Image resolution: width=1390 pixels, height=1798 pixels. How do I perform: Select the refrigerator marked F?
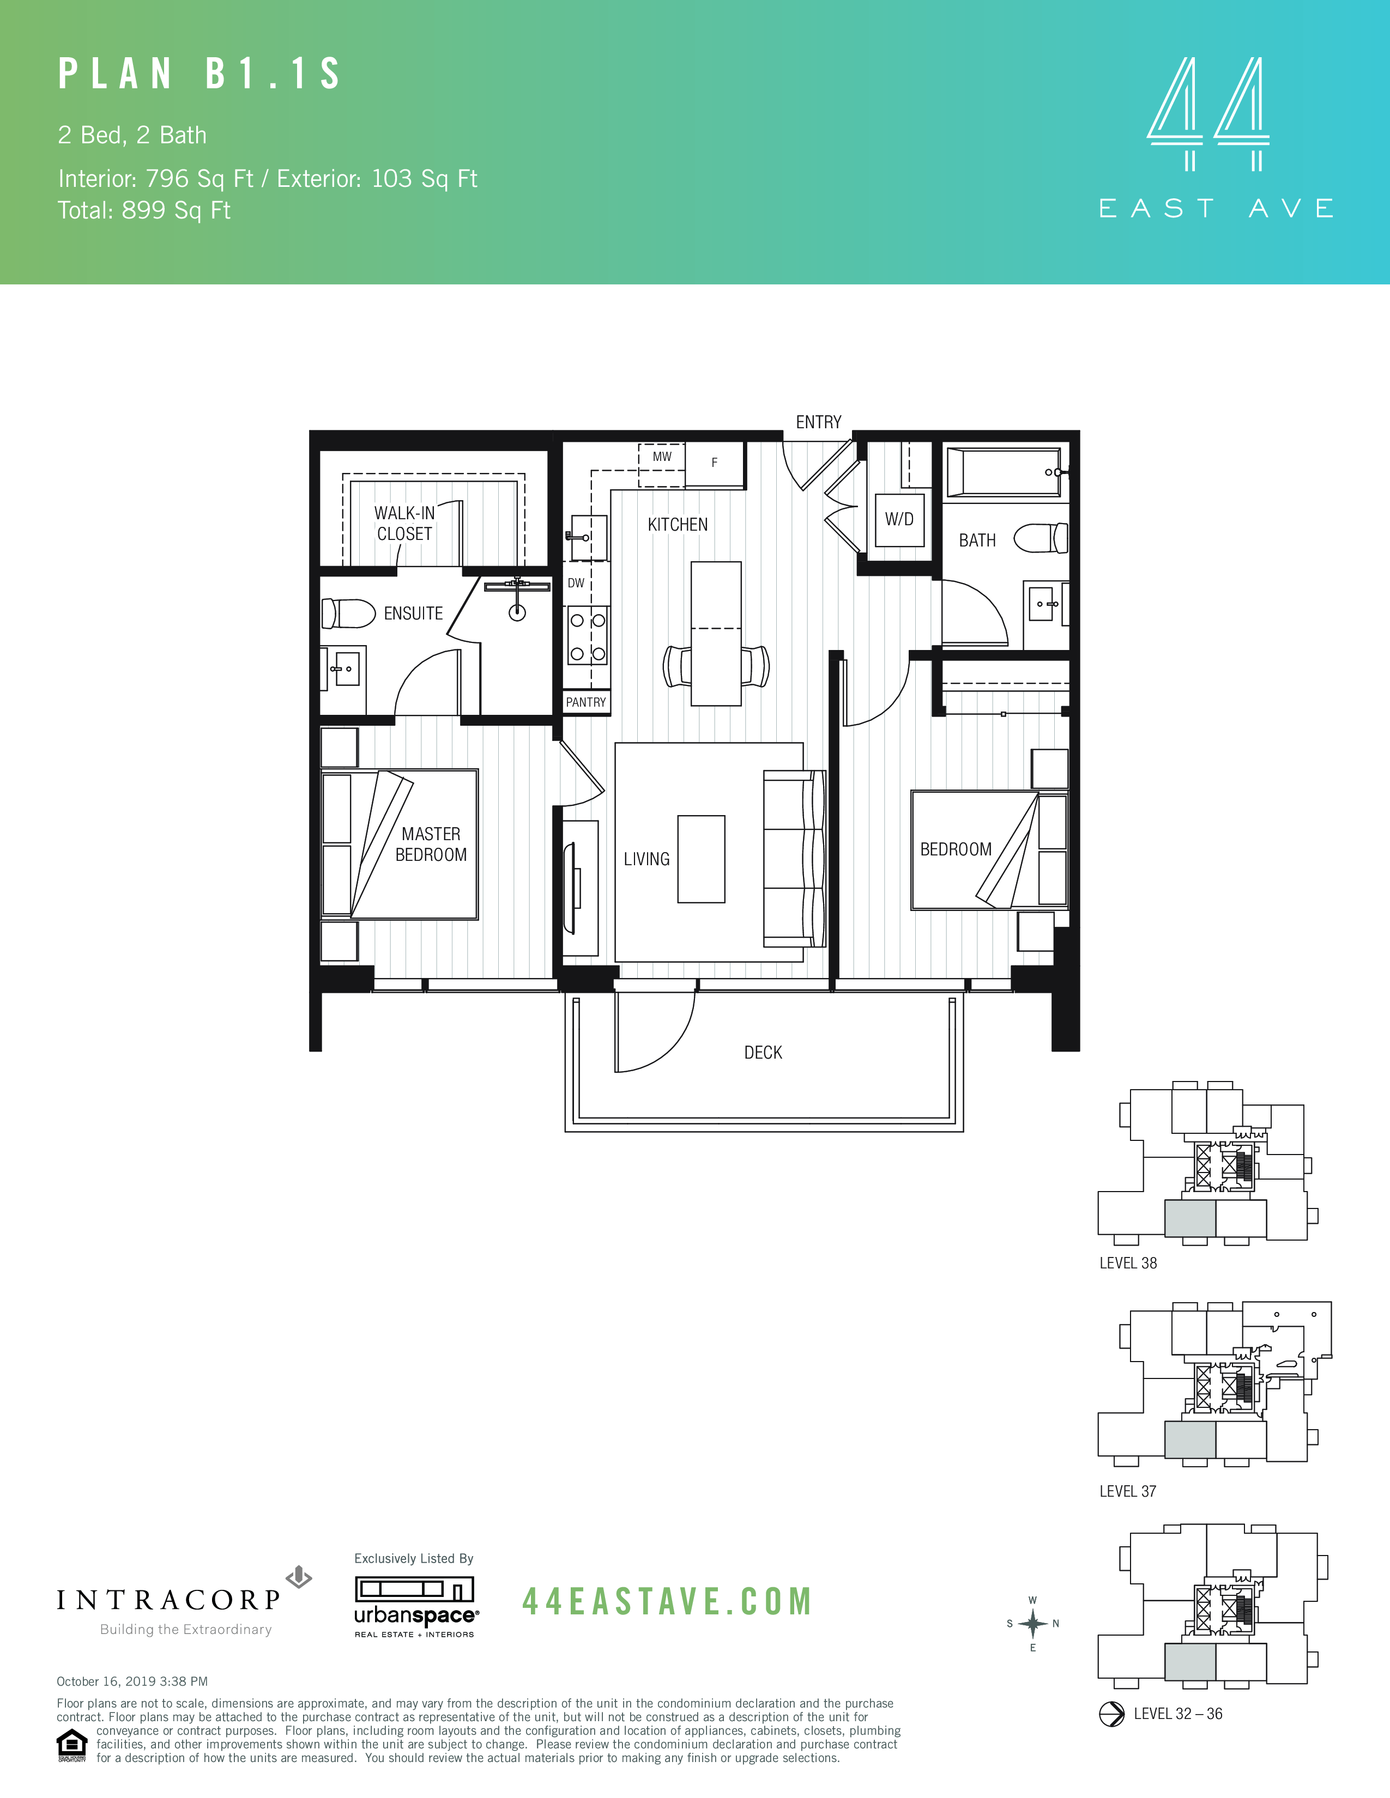[x=714, y=464]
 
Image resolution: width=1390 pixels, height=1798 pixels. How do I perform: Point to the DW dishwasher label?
[x=576, y=583]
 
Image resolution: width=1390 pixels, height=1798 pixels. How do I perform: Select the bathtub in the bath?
[x=1003, y=472]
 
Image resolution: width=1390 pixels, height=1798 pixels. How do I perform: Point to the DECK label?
[x=763, y=1052]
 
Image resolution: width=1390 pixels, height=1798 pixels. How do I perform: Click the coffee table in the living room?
[x=701, y=859]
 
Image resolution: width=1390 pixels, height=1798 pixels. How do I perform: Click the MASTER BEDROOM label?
[x=431, y=844]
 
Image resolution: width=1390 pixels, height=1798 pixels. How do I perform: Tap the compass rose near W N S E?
[x=1032, y=1624]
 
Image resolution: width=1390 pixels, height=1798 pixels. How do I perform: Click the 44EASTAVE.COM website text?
[x=667, y=1601]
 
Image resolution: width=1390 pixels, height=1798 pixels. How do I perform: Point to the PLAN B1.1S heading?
[x=200, y=74]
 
